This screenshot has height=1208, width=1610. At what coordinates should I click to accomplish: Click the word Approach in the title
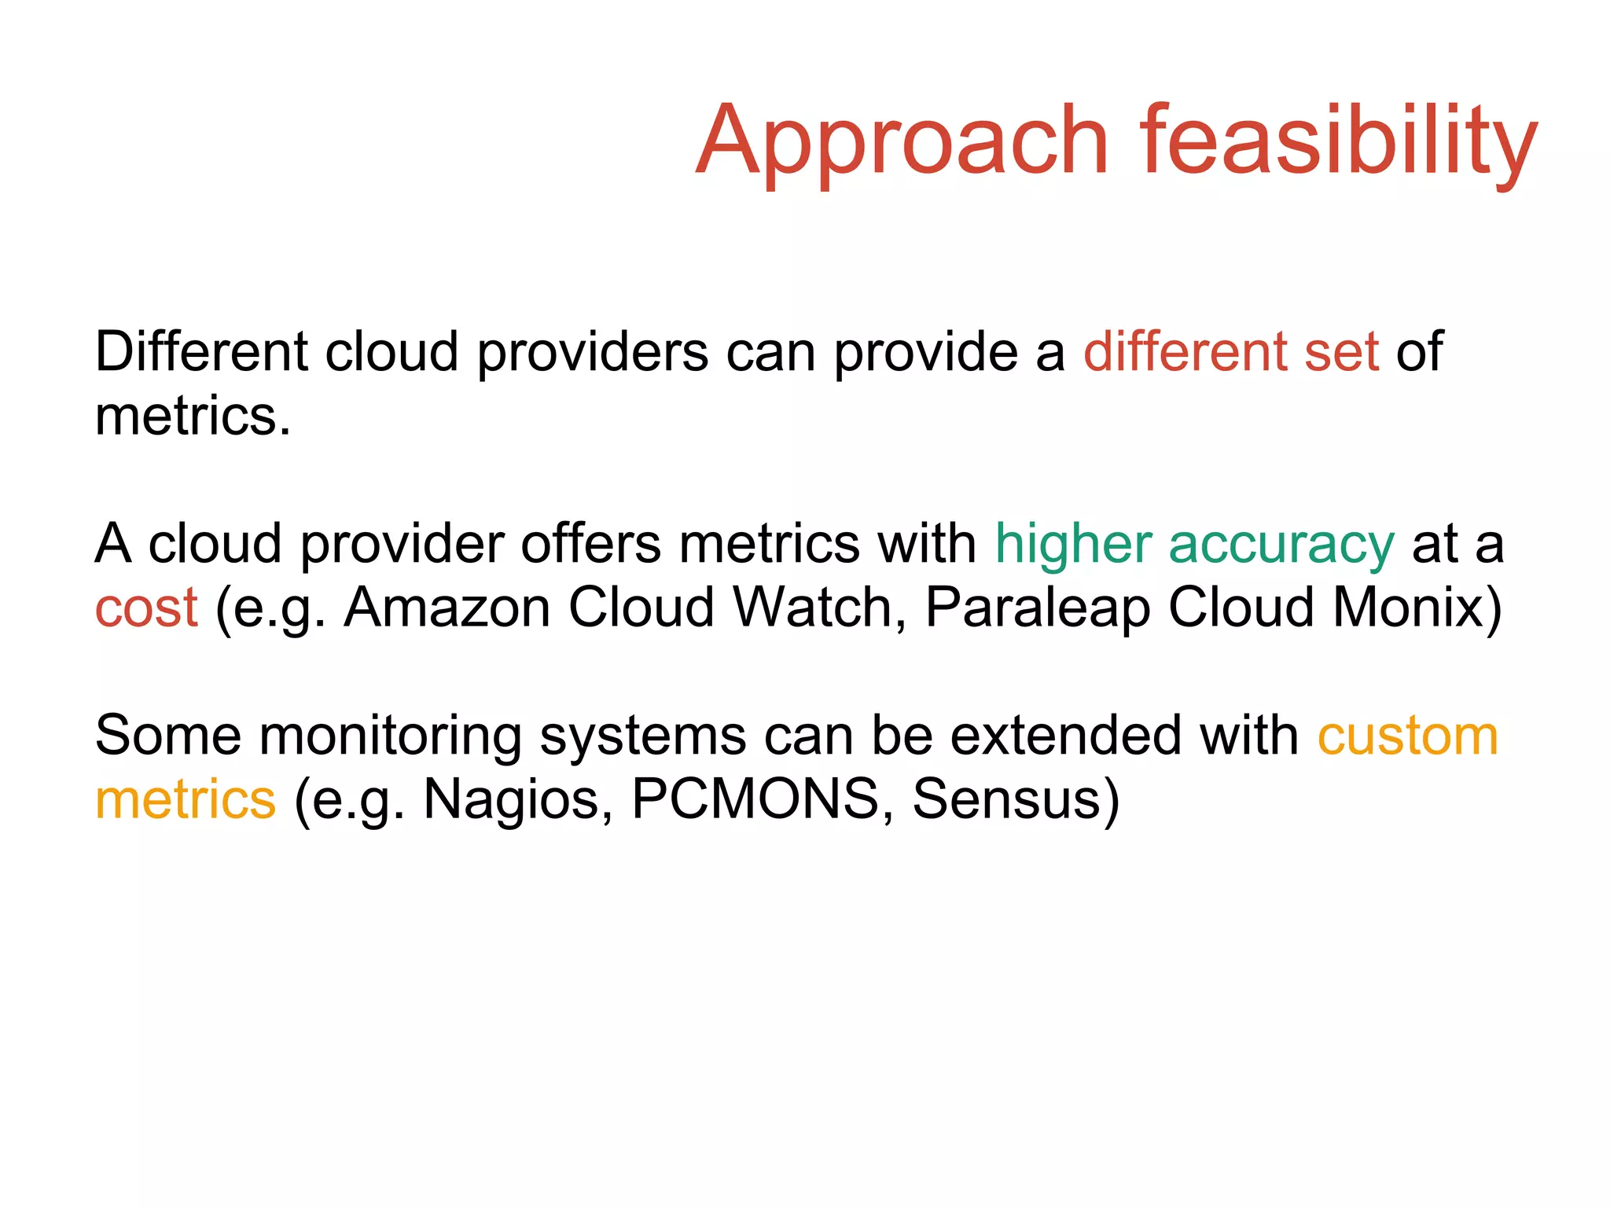point(902,141)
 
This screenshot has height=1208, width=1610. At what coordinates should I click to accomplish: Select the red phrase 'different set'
point(1230,351)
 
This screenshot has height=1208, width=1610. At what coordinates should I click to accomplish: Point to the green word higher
point(1073,544)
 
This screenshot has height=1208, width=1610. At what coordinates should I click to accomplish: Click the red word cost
point(146,608)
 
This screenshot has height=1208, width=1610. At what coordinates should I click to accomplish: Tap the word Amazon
point(447,608)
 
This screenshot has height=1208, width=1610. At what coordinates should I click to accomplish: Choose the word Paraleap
point(1037,609)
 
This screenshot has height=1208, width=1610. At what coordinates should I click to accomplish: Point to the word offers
point(590,544)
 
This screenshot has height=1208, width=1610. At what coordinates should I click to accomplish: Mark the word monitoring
point(390,737)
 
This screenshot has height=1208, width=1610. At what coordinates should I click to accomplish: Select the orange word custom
point(1407,737)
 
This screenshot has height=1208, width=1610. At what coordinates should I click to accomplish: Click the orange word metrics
point(186,799)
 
